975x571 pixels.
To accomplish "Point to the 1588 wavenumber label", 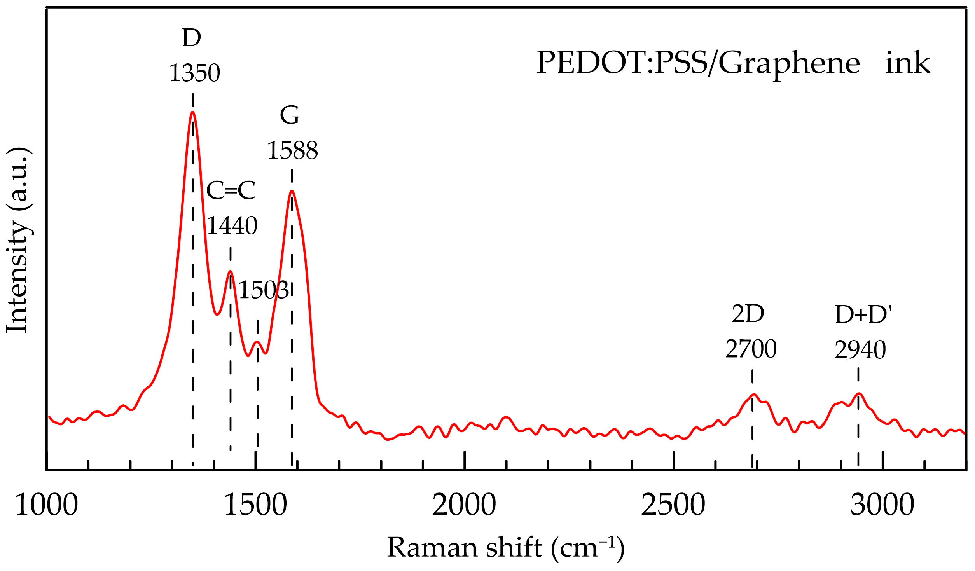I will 292,150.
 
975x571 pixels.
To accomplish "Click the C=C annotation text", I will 231,190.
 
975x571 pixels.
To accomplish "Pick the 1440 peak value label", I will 232,226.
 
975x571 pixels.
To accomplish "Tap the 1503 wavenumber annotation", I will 264,290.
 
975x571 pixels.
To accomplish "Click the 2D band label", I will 748,314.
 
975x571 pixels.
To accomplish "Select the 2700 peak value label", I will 751,349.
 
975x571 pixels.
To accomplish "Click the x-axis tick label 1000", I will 46,505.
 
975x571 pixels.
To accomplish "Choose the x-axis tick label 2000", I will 464,505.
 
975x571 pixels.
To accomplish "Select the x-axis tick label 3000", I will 882,505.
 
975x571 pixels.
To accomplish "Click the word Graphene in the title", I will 789,63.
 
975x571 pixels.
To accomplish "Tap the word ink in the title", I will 908,63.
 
